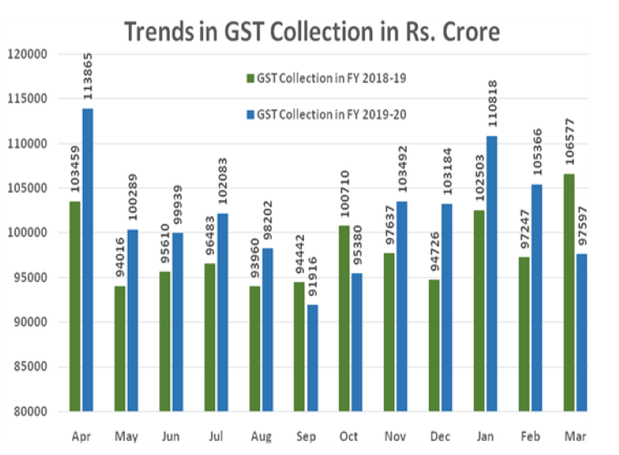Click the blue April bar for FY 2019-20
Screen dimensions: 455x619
[x=87, y=259]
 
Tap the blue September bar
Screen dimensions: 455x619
[x=312, y=357]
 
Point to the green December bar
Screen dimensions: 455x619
[x=434, y=345]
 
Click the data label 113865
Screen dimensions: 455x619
[x=88, y=79]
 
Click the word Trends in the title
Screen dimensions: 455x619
[x=162, y=33]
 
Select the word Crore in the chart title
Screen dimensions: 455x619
[x=467, y=33]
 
